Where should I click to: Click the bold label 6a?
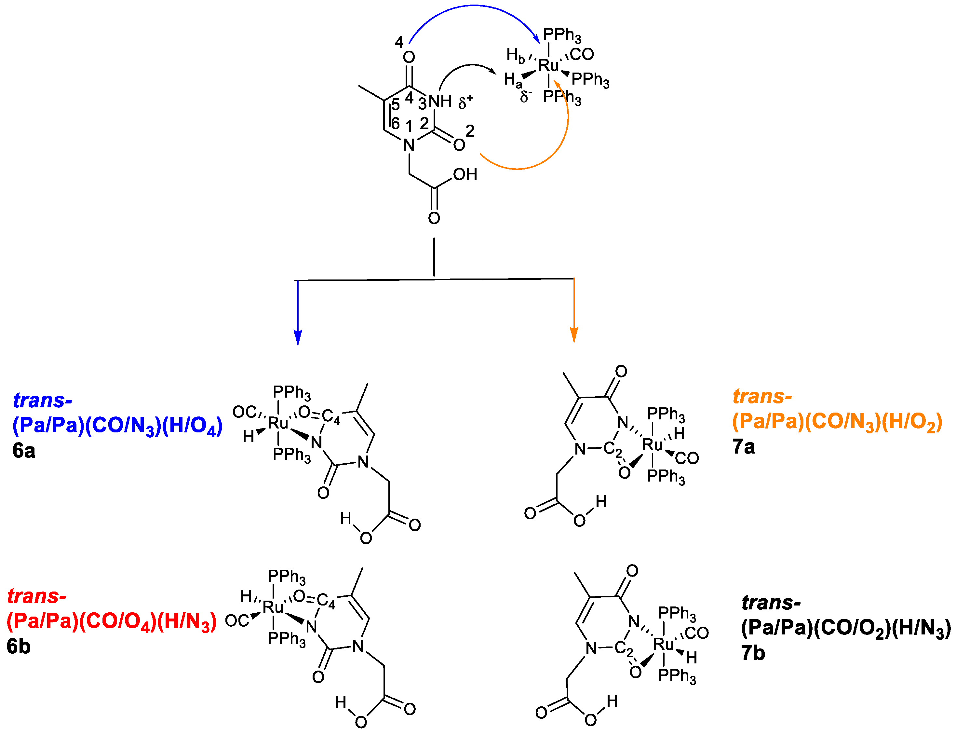pos(24,451)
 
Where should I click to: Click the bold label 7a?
pos(744,447)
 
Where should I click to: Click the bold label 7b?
pos(753,653)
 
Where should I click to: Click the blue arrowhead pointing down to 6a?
pos(298,338)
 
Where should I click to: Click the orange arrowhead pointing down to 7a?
pos(574,335)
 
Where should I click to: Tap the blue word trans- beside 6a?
pos(42,400)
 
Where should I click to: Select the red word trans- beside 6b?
pos(37,596)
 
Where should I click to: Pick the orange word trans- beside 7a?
pos(762,396)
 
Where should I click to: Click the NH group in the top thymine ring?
pos(440,101)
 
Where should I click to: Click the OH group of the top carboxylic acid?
pos(465,175)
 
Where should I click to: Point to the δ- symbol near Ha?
pos(526,96)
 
